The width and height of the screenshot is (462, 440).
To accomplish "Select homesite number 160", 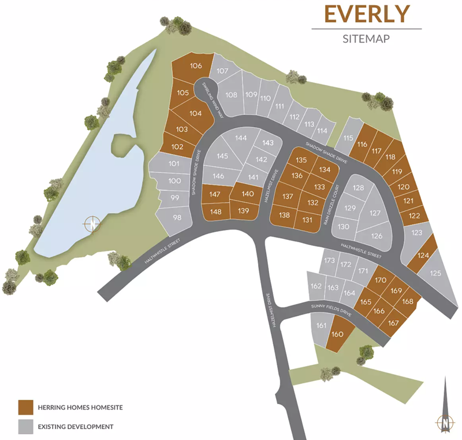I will click(x=338, y=334).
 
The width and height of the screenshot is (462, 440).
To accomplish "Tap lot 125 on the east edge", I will click(x=435, y=273).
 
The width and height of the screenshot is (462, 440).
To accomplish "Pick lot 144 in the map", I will click(x=240, y=138).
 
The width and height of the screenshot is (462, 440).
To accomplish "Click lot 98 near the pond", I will click(x=177, y=218).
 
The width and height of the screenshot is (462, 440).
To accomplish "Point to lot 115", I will click(x=348, y=138).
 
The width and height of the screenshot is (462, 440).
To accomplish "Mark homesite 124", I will click(x=423, y=256).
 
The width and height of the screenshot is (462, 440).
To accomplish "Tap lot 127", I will click(x=375, y=213).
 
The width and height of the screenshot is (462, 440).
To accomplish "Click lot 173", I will click(x=329, y=261).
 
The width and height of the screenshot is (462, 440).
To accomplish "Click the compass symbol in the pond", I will click(x=91, y=223).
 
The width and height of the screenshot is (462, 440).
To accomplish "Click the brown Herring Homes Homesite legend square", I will click(x=25, y=407).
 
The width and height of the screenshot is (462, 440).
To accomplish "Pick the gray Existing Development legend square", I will click(x=25, y=427).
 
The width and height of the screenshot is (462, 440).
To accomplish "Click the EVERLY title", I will click(x=366, y=13).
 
